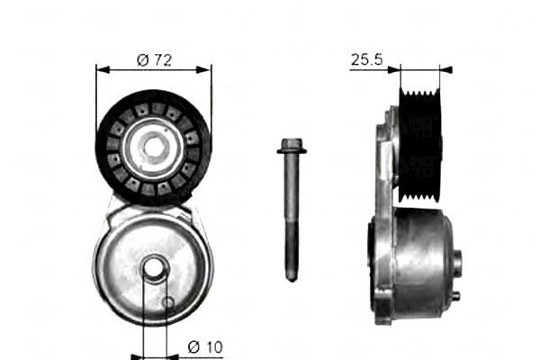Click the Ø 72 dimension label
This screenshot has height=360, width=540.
[x=154, y=60]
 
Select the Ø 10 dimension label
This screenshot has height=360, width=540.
[x=205, y=346]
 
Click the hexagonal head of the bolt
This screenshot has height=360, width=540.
[x=292, y=143]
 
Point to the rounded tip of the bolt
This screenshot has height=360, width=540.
[x=292, y=277]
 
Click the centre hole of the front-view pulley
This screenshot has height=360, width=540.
[x=153, y=148]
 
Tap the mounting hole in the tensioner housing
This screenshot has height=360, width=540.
[x=154, y=268]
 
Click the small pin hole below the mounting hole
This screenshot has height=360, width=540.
[x=168, y=302]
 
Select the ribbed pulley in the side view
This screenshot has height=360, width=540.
[x=420, y=145]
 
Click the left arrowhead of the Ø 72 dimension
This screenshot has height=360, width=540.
[x=103, y=70]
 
